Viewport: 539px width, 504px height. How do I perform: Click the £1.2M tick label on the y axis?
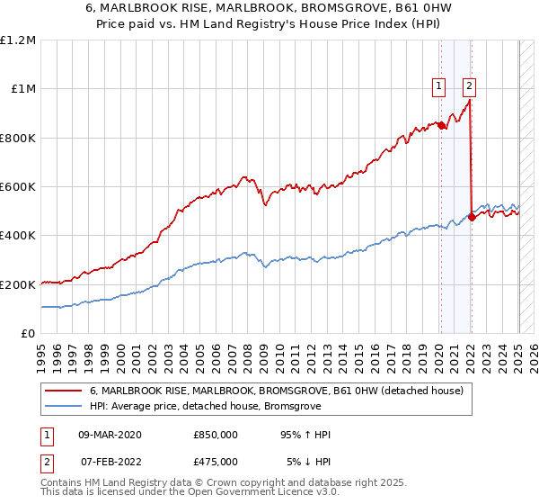(18, 40)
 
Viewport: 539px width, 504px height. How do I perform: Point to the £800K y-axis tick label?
(18, 139)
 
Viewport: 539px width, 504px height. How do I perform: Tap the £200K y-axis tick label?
(18, 284)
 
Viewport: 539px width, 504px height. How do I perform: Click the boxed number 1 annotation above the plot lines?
(439, 86)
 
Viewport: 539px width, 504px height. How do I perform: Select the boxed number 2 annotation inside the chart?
(469, 86)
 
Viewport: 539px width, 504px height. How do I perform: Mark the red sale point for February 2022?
(472, 217)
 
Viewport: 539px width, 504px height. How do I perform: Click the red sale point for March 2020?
(441, 126)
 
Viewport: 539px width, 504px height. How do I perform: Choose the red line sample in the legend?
(64, 391)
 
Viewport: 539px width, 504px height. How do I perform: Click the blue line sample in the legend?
(64, 406)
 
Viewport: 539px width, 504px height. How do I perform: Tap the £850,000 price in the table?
(216, 435)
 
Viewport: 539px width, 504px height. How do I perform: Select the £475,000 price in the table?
(216, 462)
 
